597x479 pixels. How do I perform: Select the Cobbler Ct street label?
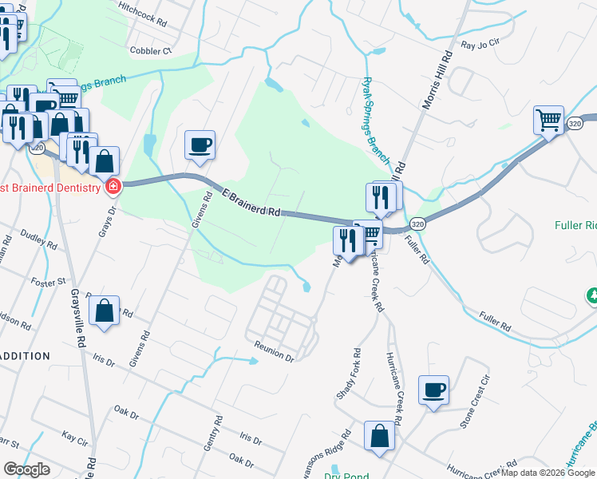click(151, 50)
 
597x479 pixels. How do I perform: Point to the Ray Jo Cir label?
click(479, 45)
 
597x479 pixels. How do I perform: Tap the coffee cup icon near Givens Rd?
click(200, 145)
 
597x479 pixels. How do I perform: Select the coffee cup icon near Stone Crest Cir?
click(433, 390)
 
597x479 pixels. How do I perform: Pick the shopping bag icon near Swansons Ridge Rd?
click(380, 437)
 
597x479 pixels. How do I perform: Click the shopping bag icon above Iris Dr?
click(105, 311)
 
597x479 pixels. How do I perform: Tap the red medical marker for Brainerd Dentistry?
click(113, 188)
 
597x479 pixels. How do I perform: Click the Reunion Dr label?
click(274, 352)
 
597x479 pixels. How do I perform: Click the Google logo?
click(26, 469)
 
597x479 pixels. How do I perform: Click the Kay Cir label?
click(74, 438)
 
